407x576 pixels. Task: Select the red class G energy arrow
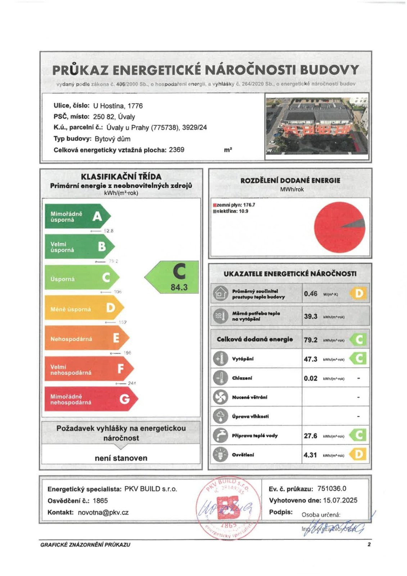coord(90,399)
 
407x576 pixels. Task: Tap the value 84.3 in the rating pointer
coord(179,287)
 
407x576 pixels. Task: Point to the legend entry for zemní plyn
coord(234,205)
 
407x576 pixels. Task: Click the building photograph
coord(317,126)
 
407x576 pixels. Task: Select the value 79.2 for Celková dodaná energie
coord(310,340)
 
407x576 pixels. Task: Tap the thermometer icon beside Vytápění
coord(220,359)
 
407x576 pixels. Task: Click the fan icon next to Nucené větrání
coord(220,397)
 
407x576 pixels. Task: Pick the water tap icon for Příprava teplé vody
coord(220,435)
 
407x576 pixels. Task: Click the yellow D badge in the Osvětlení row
coord(358,454)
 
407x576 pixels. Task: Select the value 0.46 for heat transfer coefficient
coord(310,294)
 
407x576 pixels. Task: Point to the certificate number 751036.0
coord(331,489)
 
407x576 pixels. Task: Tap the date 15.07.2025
coord(340,500)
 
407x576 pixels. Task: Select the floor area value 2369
coord(176,150)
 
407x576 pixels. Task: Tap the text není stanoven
coord(121,458)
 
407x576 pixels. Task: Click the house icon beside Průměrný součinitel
coord(220,294)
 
